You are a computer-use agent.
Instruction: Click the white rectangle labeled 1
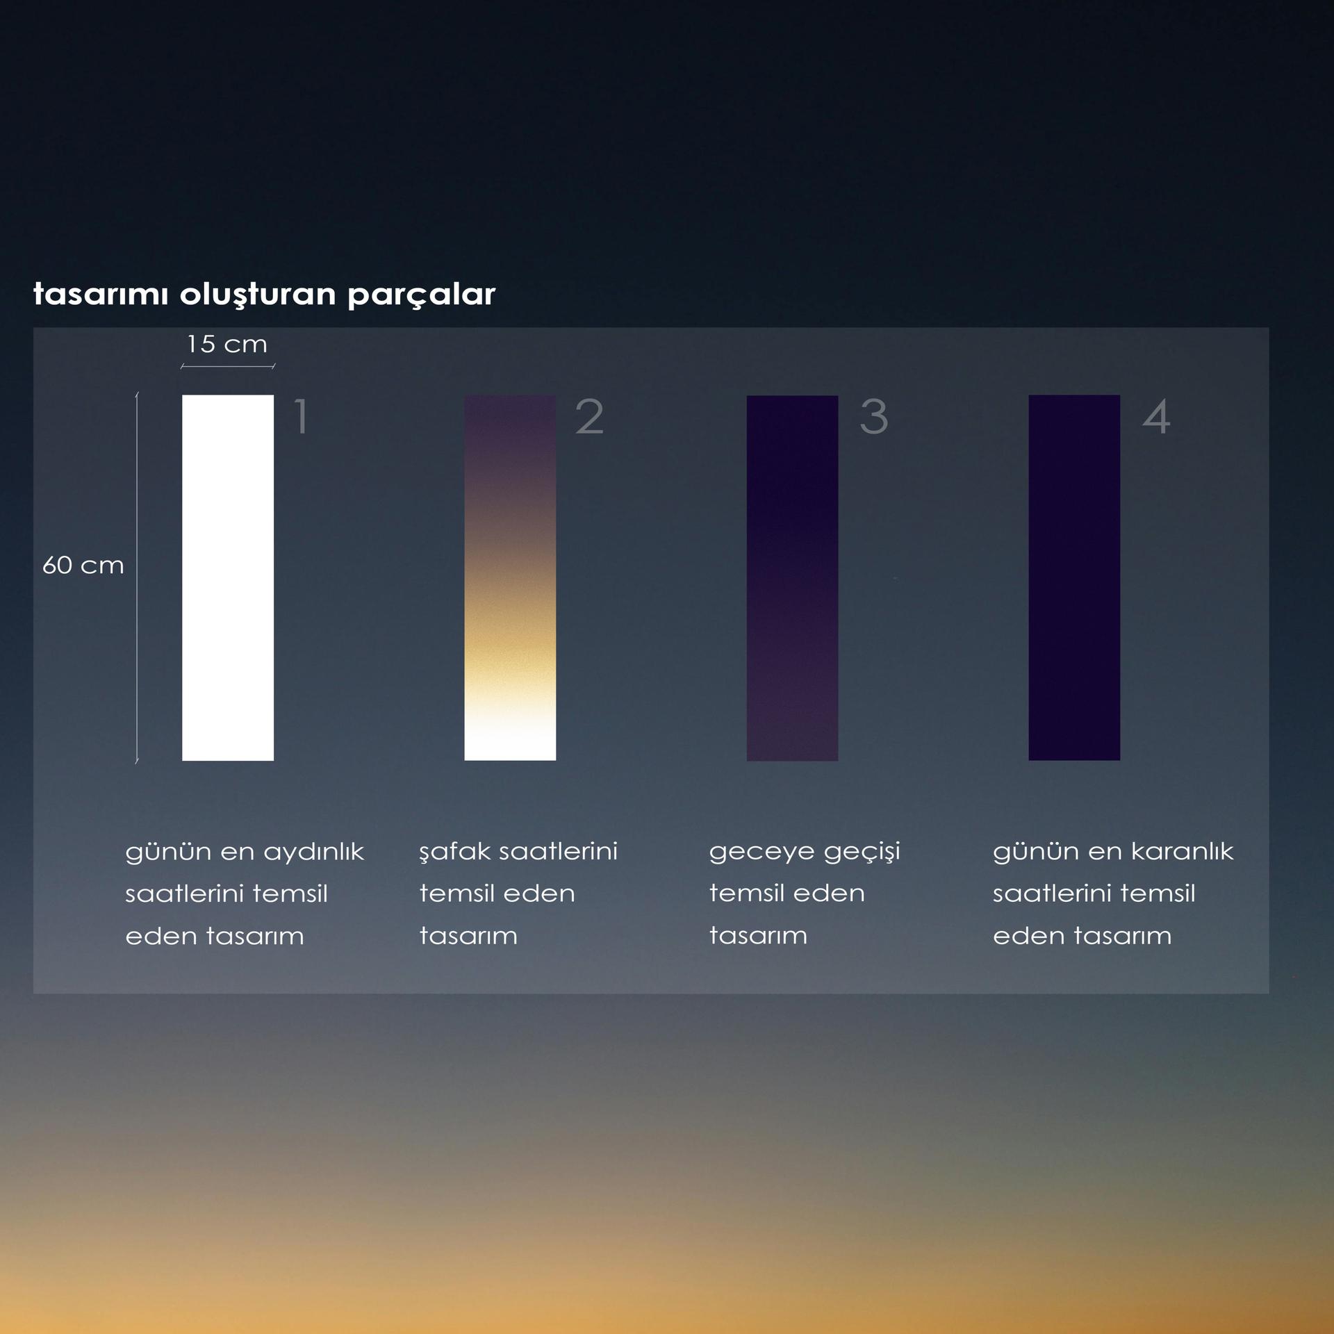point(228,577)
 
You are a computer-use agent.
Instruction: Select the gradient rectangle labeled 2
point(510,577)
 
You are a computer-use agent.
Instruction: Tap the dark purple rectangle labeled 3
point(792,577)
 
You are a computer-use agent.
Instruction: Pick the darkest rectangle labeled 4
point(1074,577)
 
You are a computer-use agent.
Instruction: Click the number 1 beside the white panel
point(301,417)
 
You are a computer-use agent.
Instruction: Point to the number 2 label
point(589,417)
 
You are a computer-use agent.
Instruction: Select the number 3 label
point(874,417)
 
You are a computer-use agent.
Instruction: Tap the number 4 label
point(1156,417)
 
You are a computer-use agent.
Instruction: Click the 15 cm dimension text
point(227,343)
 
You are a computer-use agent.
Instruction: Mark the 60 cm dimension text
point(83,565)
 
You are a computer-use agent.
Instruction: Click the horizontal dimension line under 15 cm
point(228,366)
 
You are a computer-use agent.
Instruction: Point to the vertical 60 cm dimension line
point(137,578)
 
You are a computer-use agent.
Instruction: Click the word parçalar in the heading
point(421,295)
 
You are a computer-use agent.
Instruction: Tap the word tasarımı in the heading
point(101,295)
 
